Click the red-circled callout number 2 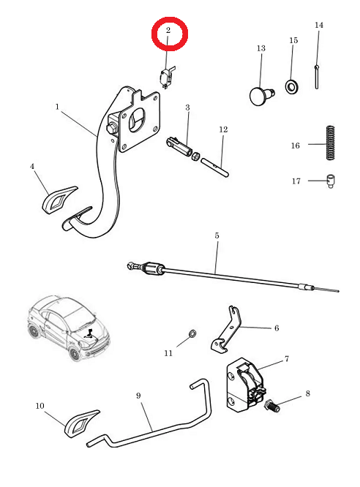click(x=168, y=31)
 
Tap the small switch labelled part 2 click(x=166, y=78)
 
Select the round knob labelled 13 click(x=261, y=96)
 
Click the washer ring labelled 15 click(x=292, y=87)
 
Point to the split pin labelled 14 click(x=317, y=77)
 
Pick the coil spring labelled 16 click(x=331, y=143)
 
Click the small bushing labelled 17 click(x=331, y=181)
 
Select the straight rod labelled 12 click(x=215, y=167)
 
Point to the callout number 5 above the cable click(x=217, y=235)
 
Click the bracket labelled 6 click(x=226, y=330)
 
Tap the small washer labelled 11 click(x=192, y=333)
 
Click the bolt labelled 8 click(x=272, y=406)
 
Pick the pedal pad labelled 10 click(x=81, y=423)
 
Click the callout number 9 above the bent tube click(x=138, y=396)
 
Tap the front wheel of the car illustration click(x=74, y=354)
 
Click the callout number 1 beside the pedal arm click(x=57, y=107)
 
